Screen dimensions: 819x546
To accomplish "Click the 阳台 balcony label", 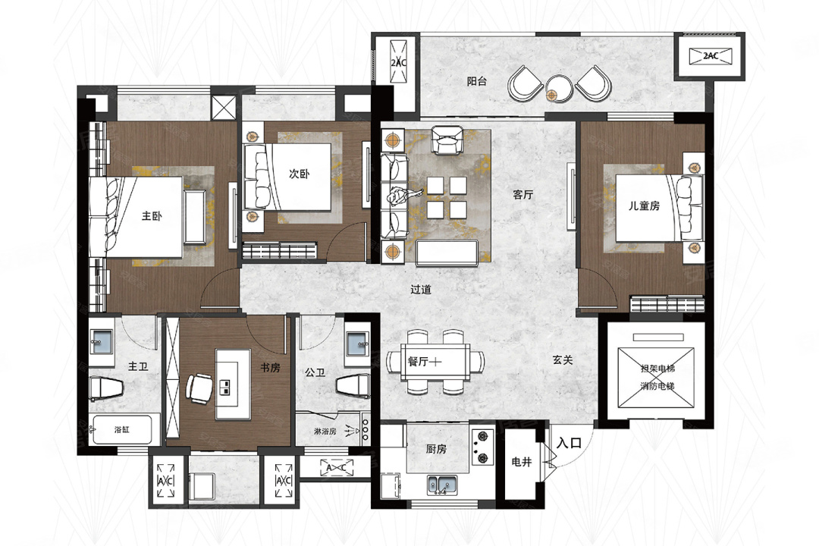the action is point(477,81).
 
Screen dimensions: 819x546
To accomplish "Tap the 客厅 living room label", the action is point(522,195).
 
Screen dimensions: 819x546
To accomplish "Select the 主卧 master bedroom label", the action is point(152,215).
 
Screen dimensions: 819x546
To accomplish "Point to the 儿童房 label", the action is point(644,206).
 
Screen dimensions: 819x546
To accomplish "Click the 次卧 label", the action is point(300,174).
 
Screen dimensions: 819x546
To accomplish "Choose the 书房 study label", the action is point(270,368).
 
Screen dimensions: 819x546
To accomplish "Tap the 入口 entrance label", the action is point(570,443).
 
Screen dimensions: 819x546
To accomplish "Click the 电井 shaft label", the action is point(521,462).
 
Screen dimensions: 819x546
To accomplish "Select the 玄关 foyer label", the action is point(563,360).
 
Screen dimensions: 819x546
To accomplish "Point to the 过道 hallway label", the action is point(420,289).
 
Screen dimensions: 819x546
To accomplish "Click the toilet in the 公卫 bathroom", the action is point(353,385).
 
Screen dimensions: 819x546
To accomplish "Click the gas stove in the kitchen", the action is point(482,446).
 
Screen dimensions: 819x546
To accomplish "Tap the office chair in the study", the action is point(199,388).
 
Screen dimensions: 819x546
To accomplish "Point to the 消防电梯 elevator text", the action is point(657,386).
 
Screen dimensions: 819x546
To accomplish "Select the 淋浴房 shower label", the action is point(325,431).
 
